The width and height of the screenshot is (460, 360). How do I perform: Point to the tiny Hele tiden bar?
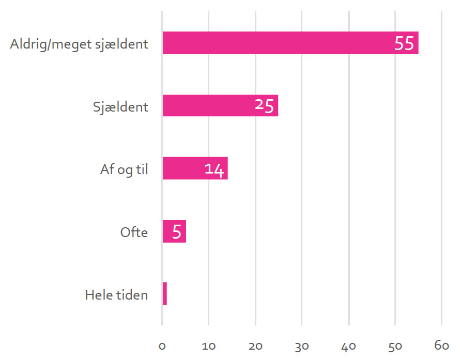click(164, 294)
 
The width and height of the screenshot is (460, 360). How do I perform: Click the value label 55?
click(404, 44)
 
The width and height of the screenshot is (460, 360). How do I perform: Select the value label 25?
click(264, 106)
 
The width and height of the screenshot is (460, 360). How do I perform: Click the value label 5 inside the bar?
click(176, 231)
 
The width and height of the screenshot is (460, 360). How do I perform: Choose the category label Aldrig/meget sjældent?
click(79, 44)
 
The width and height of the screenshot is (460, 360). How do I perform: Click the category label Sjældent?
click(120, 107)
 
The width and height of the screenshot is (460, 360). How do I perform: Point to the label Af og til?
click(124, 170)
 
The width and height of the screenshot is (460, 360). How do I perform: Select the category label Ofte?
click(134, 232)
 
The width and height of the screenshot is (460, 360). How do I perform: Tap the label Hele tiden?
click(116, 295)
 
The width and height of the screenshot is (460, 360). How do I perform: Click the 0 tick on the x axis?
click(162, 347)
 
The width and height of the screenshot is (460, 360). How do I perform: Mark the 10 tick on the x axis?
click(208, 347)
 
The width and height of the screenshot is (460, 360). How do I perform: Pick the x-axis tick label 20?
click(255, 347)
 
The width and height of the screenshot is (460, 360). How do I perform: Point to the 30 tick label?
click(302, 347)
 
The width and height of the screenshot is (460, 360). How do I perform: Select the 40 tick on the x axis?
click(349, 347)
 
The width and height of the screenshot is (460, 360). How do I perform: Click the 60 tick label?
click(442, 347)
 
